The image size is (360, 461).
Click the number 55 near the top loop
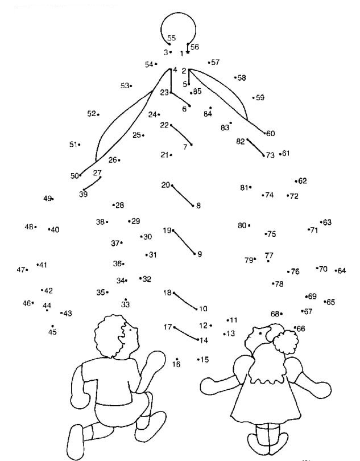pyautogui.click(x=171, y=38)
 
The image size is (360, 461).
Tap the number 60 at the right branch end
pyautogui.click(x=270, y=134)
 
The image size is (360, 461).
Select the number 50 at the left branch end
pyautogui.click(x=75, y=176)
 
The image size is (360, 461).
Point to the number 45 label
pyautogui.click(x=52, y=332)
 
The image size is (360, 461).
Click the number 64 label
pyautogui.click(x=342, y=271)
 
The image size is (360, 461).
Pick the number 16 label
pyautogui.click(x=176, y=364)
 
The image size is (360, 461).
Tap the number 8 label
pyautogui.click(x=198, y=206)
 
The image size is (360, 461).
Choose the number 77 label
pyautogui.click(x=269, y=256)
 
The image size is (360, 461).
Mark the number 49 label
pyautogui.click(x=47, y=198)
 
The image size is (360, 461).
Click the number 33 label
pyautogui.click(x=125, y=304)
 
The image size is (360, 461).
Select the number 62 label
pyautogui.click(x=302, y=181)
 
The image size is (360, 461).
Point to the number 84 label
pyautogui.click(x=208, y=114)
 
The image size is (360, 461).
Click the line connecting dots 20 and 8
pyautogui.click(x=183, y=195)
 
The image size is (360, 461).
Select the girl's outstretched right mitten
pyautogui.click(x=320, y=390)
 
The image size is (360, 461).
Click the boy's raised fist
pyautogui.click(x=154, y=361)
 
